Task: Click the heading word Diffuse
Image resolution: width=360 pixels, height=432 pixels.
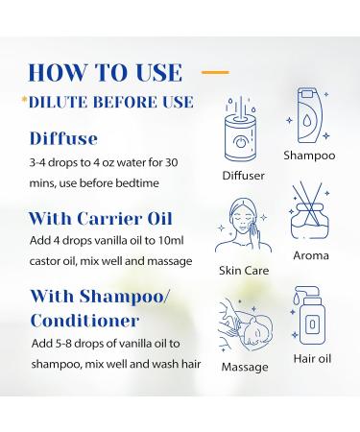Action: coord(64,139)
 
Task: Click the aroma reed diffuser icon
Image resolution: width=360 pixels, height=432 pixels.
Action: coord(309,218)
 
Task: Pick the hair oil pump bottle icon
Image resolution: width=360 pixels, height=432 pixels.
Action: coord(309,325)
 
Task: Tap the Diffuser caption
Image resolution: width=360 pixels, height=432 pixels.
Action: coord(243,176)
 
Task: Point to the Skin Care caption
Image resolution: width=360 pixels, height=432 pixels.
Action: coord(244,271)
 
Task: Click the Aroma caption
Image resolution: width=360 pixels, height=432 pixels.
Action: coord(310,255)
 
